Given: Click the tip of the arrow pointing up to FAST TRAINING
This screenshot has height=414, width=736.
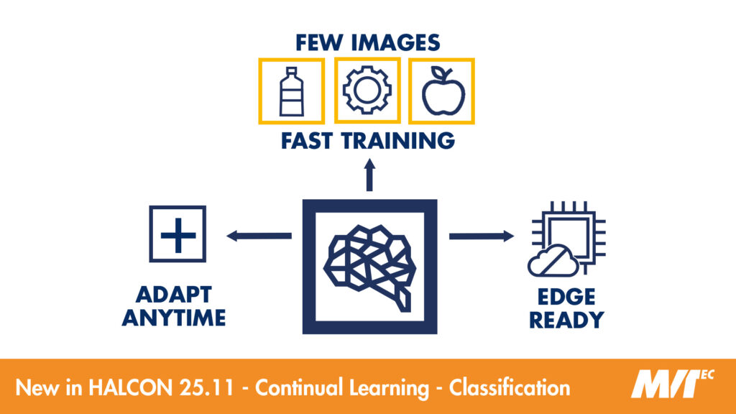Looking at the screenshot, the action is point(370,159).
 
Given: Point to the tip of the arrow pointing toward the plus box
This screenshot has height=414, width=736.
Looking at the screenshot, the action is point(226,236).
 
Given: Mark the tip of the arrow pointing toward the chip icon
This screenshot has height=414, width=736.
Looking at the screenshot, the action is point(514,236).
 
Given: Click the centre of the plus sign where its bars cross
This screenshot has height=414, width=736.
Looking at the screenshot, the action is point(178,234).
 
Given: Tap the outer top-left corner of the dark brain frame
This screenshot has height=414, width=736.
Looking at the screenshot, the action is point(303,200).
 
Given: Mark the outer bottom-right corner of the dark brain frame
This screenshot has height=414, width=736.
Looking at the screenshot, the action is point(437,333).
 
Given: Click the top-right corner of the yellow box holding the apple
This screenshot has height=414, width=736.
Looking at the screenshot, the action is point(474,59).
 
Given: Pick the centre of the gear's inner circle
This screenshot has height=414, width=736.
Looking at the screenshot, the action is point(367,90).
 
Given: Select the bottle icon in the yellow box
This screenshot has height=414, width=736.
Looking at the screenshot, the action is point(292,91).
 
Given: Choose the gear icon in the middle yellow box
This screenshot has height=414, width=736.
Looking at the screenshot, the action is point(367,90).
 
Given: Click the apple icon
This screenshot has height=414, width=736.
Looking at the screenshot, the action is point(443,91).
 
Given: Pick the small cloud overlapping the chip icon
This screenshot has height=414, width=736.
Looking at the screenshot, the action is point(553,260).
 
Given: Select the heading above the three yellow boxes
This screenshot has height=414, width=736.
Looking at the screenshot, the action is point(368,42).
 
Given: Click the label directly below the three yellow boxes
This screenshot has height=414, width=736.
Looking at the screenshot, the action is point(368,141).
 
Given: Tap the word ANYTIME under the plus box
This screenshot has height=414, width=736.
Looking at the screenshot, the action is point(174,318).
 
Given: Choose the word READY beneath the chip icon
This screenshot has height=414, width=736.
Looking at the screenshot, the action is point(566,320).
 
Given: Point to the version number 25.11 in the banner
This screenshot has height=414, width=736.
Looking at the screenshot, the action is point(206,387).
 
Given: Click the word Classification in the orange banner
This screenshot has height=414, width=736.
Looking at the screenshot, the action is point(510,387).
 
